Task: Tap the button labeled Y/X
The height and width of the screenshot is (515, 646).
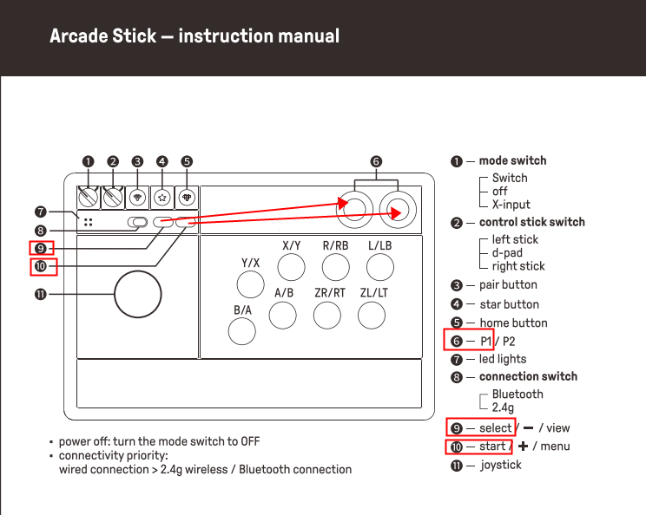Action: click(x=250, y=284)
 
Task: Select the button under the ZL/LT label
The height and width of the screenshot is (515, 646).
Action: click(x=372, y=316)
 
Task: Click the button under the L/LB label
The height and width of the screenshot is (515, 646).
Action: click(x=379, y=267)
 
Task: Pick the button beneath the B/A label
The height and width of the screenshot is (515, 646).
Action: click(x=242, y=331)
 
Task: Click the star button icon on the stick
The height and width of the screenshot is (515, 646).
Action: click(x=162, y=198)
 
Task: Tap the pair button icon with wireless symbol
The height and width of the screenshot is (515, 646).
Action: click(x=137, y=198)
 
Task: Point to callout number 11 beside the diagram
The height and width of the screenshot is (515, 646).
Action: click(x=40, y=295)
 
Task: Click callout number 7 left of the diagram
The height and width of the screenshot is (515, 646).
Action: click(x=40, y=212)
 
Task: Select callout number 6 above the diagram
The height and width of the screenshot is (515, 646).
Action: click(x=376, y=161)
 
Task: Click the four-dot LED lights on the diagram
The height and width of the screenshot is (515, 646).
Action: click(x=89, y=222)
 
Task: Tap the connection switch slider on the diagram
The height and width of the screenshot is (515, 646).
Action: click(x=137, y=223)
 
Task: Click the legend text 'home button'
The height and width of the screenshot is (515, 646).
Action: click(x=513, y=323)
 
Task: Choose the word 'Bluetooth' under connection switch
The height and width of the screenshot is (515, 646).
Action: click(x=517, y=394)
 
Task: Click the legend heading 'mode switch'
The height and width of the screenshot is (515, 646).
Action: click(x=512, y=160)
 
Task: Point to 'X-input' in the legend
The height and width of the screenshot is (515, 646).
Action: click(x=511, y=205)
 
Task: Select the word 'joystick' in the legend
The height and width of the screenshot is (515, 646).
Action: click(x=501, y=466)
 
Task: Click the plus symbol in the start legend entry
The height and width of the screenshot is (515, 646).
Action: click(x=523, y=447)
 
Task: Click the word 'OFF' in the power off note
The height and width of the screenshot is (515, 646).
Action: click(x=250, y=441)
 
